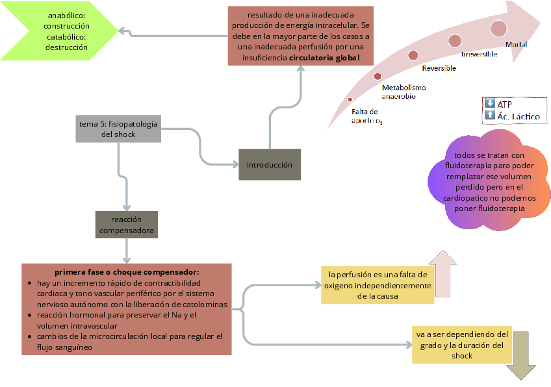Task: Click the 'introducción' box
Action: [269, 165]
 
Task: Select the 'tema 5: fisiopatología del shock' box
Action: [118, 129]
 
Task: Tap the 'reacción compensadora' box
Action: [126, 225]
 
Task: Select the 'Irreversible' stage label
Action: [479, 55]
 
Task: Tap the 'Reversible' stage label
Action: [439, 68]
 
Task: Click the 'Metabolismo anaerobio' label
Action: [403, 92]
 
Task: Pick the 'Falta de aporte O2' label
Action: [366, 116]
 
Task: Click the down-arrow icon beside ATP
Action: [490, 103]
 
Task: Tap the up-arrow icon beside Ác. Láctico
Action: [490, 115]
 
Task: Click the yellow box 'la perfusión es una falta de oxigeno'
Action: [377, 285]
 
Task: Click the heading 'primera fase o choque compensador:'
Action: [126, 271]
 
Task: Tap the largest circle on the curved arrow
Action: [499, 28]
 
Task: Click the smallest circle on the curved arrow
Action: [350, 99]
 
